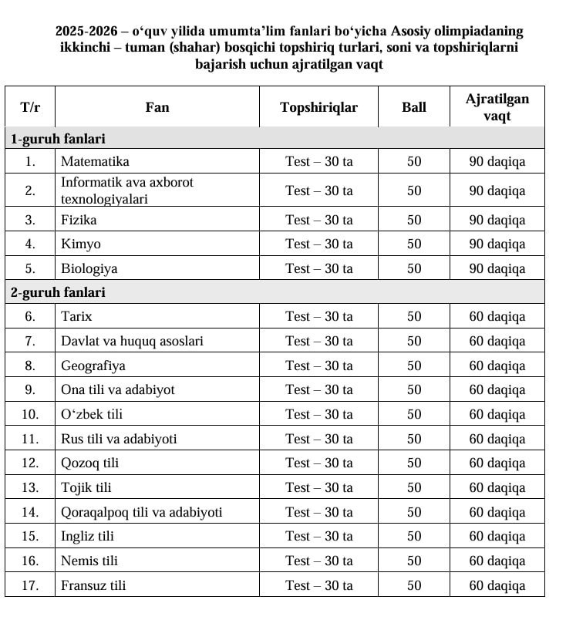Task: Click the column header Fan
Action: [157, 107]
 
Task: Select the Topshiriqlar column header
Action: [318, 107]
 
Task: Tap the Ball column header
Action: [413, 107]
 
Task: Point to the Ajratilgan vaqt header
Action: [497, 107]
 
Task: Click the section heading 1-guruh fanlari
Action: [58, 139]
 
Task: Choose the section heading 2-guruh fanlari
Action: [58, 292]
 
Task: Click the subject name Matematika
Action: [95, 161]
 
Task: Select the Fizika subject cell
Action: [79, 220]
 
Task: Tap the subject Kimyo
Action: [81, 244]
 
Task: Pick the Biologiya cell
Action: [89, 268]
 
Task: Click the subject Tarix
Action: [76, 316]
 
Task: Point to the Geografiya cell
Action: [93, 366]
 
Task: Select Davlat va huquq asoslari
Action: [132, 341]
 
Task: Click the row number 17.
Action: [30, 585]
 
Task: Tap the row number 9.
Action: [30, 389]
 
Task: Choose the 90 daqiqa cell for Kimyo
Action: [497, 244]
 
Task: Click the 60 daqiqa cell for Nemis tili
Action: [497, 561]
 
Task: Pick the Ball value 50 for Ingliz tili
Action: [414, 536]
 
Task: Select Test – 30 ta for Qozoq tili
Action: [318, 463]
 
